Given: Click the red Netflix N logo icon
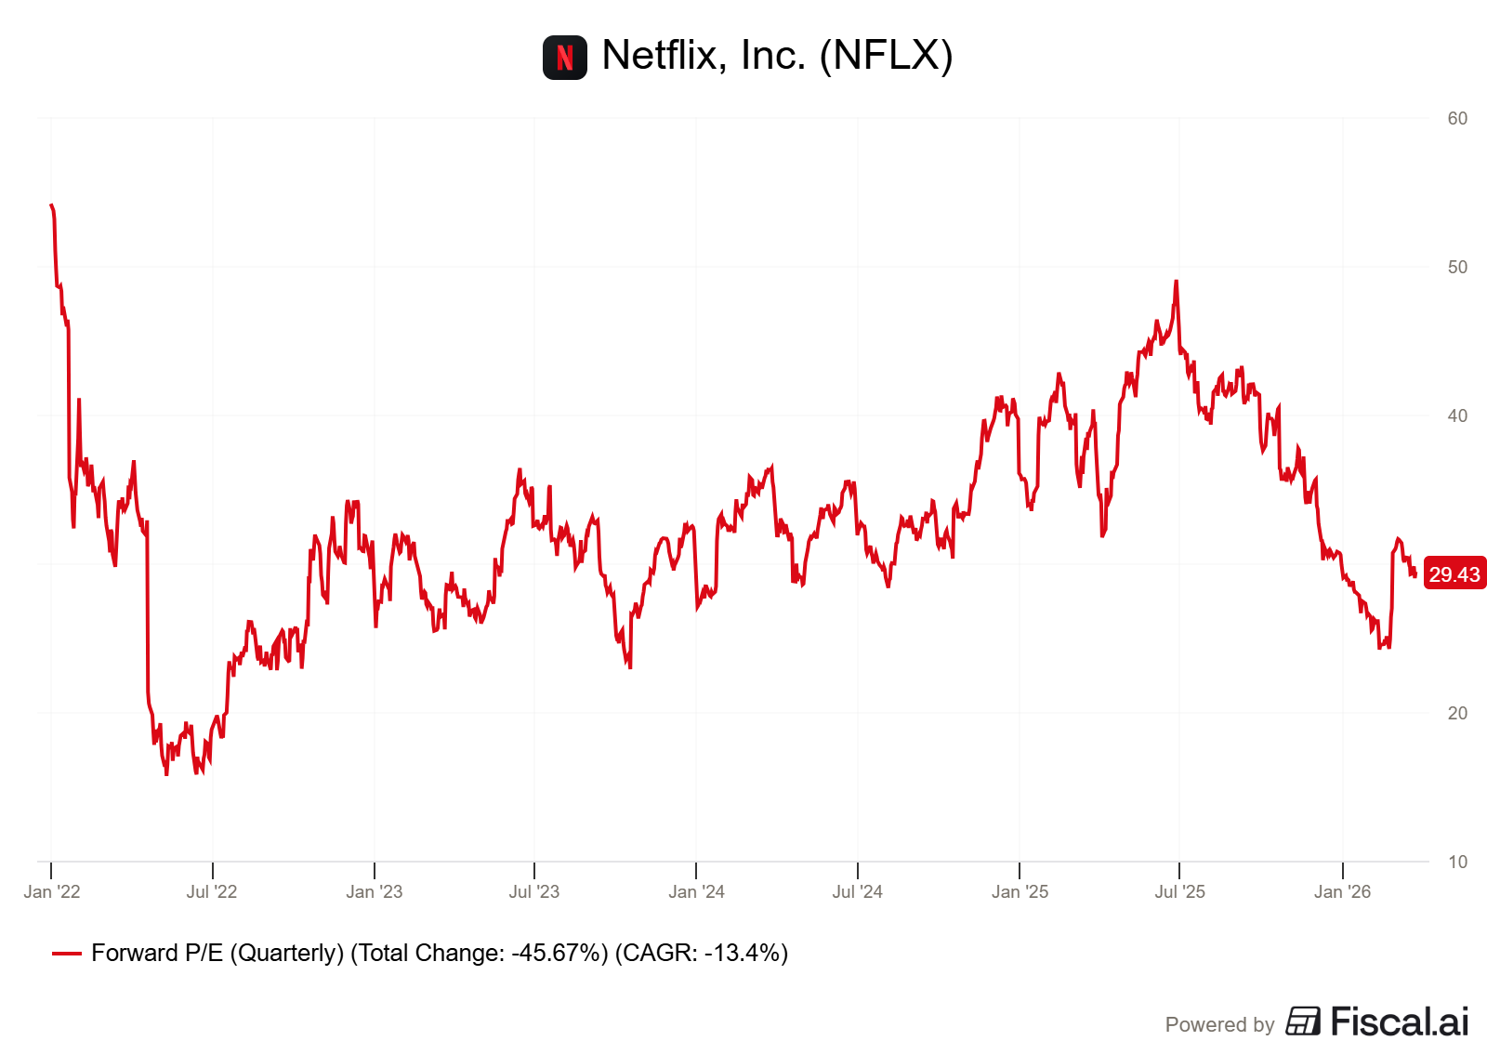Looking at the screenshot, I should (564, 58).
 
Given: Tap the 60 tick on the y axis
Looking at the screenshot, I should (1457, 119).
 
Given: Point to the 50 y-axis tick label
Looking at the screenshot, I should (1457, 268).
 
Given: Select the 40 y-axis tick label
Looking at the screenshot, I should (1457, 416).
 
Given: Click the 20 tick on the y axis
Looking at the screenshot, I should (1457, 714).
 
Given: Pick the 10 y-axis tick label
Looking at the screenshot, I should (1457, 863).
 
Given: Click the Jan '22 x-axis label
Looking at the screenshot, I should (52, 892).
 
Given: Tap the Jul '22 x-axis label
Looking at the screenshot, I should (212, 892).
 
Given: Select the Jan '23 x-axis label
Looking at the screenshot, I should (374, 892).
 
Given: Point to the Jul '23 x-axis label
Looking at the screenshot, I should (534, 892).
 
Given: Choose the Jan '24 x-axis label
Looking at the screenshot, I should (696, 892).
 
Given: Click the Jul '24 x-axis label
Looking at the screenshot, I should (857, 892).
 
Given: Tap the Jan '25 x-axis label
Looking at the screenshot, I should (1020, 892).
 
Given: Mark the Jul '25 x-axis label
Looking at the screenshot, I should (1179, 892).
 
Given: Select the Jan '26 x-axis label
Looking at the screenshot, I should (1342, 892).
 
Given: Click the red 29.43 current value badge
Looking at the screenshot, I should (1454, 575).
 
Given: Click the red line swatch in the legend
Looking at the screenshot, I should (67, 954).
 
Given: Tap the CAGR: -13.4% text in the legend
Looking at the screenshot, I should (702, 954).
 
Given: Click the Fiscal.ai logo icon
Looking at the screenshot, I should (1303, 1021).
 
